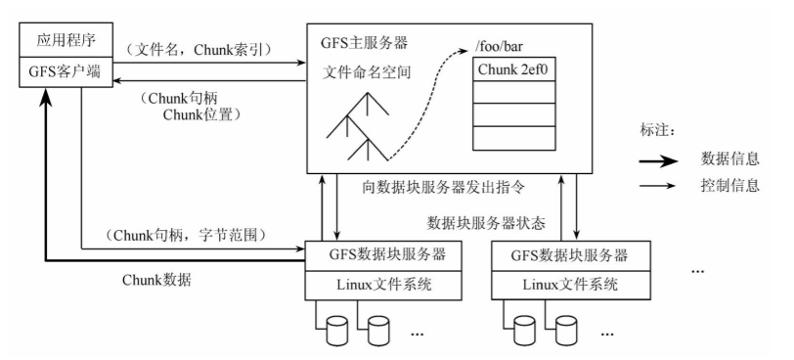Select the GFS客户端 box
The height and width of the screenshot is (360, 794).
point(61,71)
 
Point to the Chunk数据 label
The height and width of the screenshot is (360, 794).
point(156,281)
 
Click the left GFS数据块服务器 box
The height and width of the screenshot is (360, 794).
point(377,255)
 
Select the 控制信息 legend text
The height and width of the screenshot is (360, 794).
point(730,186)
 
